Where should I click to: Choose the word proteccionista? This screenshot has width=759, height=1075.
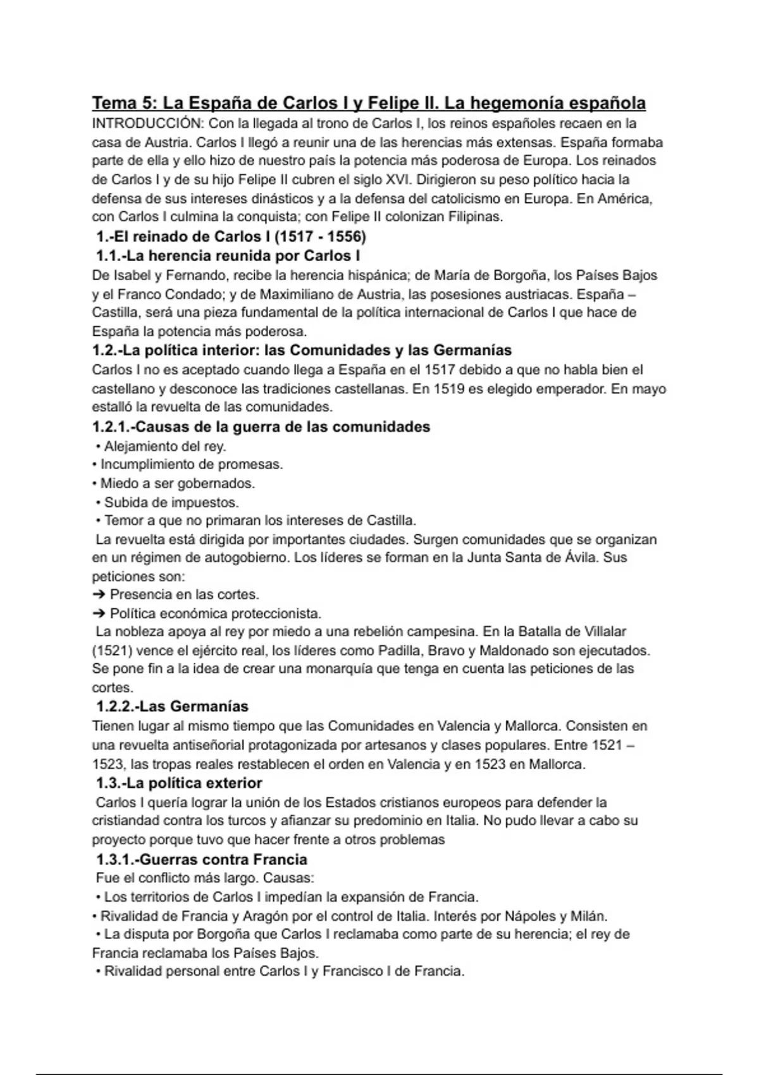[276, 613]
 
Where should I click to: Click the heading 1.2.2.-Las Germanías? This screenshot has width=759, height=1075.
[172, 706]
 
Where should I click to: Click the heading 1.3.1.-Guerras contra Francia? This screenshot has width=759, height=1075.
[201, 859]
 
